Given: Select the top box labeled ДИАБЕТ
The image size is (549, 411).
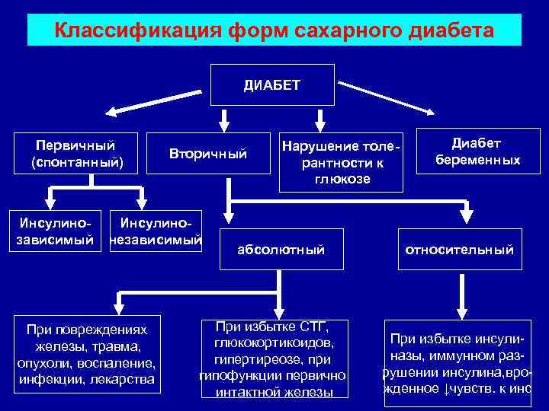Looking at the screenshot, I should click(273, 84).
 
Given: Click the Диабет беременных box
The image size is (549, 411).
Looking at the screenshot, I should click(476, 151).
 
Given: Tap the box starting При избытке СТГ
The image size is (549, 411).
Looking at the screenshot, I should click(272, 358).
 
